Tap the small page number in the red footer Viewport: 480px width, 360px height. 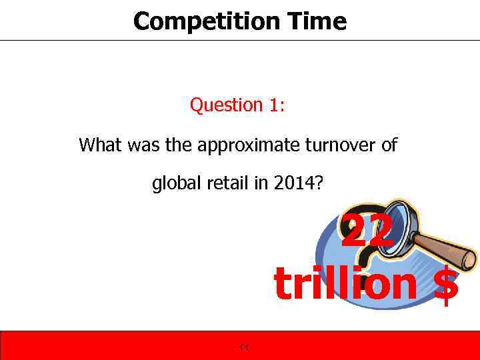[243, 347]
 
